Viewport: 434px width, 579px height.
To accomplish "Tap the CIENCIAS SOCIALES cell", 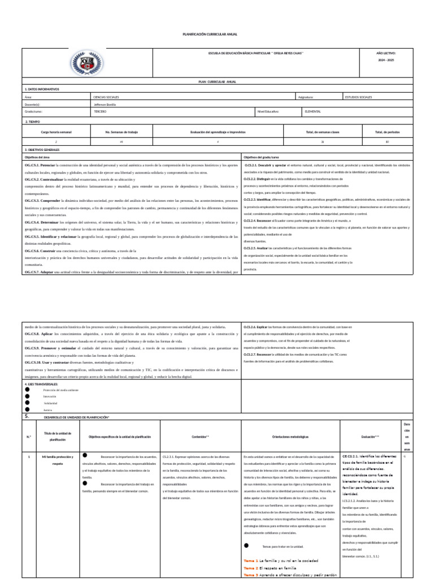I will [106, 97].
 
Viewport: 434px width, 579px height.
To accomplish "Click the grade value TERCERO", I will [100, 112].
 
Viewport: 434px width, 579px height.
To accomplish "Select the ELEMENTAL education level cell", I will [313, 112].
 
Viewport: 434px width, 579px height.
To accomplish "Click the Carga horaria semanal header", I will [56, 132].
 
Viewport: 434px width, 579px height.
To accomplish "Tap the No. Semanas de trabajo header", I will [121, 132].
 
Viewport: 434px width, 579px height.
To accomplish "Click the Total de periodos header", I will [387, 132].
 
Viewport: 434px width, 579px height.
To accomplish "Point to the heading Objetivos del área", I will [37, 157].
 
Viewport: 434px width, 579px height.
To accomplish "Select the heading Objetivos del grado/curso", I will [262, 157].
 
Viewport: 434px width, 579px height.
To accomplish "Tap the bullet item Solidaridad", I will [51, 403].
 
